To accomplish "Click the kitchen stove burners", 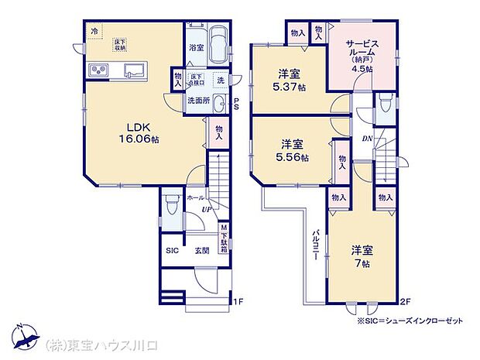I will [x=98, y=72].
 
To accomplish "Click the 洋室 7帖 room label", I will [x=362, y=256].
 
